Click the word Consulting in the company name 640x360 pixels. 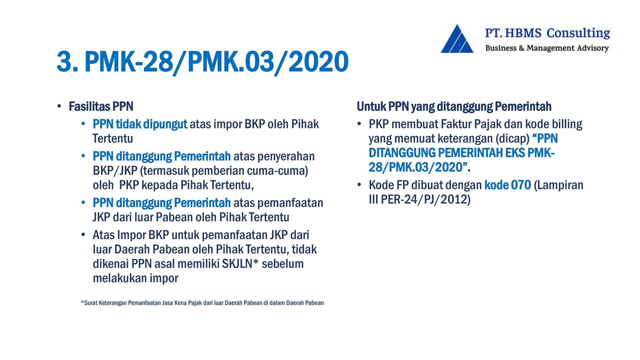click(578, 33)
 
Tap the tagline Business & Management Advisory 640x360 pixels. click(547, 48)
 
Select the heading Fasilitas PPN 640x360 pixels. click(101, 107)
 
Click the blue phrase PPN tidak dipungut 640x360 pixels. click(140, 124)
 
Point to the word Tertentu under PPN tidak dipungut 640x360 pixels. click(113, 138)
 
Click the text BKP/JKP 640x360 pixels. click(115, 171)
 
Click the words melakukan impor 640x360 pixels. click(136, 278)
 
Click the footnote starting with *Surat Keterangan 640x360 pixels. click(202, 303)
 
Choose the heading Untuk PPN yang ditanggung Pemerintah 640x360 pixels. click(454, 107)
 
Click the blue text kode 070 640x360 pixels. click(507, 185)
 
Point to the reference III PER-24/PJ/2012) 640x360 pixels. click(420, 199)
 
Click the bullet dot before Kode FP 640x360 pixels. click(359, 185)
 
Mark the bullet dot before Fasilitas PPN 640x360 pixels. click(59, 107)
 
